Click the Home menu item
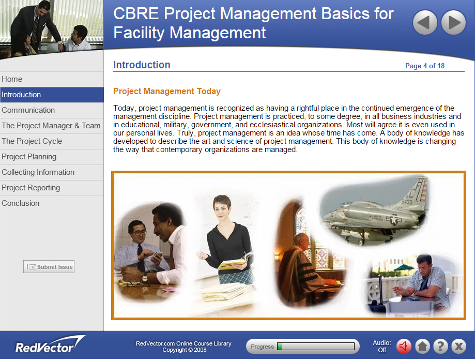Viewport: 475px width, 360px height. click(x=12, y=79)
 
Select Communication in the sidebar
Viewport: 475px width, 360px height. click(x=28, y=110)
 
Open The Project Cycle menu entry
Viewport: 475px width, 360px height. click(x=32, y=141)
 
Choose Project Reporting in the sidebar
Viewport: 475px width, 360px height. click(x=30, y=188)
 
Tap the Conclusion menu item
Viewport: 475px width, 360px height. click(x=20, y=203)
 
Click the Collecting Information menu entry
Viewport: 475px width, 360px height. click(x=38, y=172)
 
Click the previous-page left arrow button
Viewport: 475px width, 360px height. click(x=425, y=23)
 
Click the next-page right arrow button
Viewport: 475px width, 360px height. click(x=453, y=23)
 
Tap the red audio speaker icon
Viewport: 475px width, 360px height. click(x=404, y=346)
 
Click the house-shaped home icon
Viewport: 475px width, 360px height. click(x=422, y=346)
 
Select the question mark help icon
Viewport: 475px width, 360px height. click(x=440, y=346)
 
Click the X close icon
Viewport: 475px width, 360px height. click(x=458, y=346)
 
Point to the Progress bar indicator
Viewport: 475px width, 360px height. click(x=302, y=347)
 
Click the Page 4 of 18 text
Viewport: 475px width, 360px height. click(x=424, y=66)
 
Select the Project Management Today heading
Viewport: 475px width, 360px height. click(x=166, y=92)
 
